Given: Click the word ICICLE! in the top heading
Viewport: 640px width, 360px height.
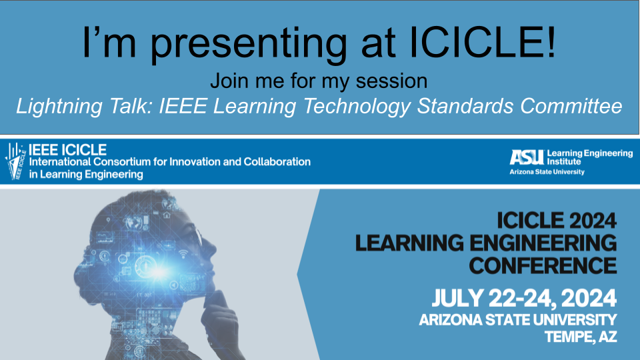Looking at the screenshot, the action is click(x=482, y=42).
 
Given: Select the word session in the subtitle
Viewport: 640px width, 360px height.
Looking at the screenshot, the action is click(x=391, y=81).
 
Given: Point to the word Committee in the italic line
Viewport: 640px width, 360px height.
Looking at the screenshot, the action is click(x=571, y=106).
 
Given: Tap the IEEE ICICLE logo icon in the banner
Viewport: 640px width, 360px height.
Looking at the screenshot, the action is click(x=15, y=161).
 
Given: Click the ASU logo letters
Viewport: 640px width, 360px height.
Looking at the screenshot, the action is click(x=527, y=157).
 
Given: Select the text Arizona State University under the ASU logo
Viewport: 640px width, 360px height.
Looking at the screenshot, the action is click(x=547, y=172).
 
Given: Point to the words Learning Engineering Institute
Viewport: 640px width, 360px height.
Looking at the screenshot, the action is click(x=590, y=157).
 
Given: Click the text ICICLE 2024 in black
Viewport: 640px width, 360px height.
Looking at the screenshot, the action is click(x=557, y=221).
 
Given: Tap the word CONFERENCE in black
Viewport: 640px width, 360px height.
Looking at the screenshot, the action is click(x=543, y=266).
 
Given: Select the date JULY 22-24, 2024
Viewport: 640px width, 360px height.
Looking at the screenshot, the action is click(x=524, y=298).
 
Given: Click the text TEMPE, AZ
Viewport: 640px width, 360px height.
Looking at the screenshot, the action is click(x=581, y=337).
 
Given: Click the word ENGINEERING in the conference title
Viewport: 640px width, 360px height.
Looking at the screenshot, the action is click(x=543, y=243).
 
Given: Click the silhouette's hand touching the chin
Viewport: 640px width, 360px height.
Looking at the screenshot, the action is click(x=221, y=314).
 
